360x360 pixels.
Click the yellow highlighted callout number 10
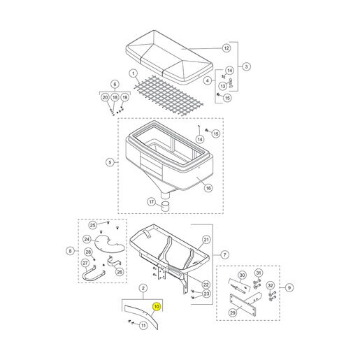(157, 306)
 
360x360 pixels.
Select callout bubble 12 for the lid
(226, 48)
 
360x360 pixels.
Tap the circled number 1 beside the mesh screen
(134, 74)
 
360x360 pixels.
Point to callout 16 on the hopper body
(208, 188)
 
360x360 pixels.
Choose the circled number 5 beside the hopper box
(110, 162)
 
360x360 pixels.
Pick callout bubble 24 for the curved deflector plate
(87, 239)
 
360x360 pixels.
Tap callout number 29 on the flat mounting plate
(233, 312)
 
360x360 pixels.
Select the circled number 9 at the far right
(289, 287)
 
